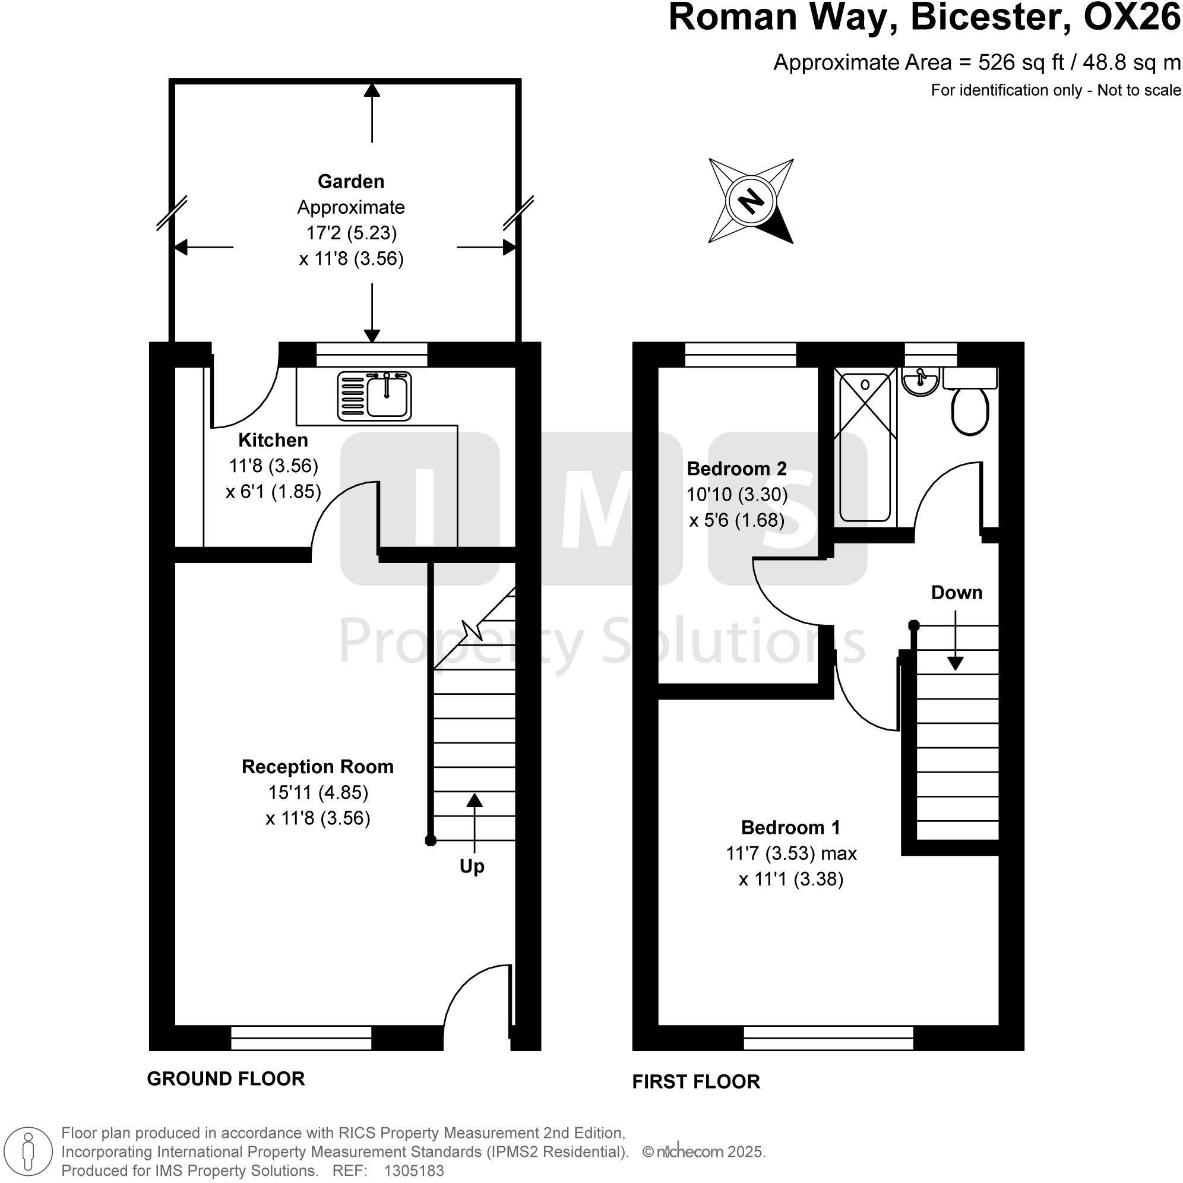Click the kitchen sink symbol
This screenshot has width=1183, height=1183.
[374, 396]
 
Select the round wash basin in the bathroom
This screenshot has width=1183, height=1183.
[920, 382]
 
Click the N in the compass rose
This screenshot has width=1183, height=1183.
[751, 201]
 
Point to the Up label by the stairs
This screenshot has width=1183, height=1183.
[472, 866]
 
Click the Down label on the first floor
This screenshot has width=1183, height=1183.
[957, 592]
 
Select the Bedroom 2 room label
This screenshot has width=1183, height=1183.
[736, 469]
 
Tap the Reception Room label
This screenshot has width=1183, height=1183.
[317, 767]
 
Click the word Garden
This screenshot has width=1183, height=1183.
[351, 181]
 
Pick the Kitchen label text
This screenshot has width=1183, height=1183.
[273, 439]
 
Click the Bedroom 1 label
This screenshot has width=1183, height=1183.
[790, 827]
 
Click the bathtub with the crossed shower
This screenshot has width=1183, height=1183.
[865, 447]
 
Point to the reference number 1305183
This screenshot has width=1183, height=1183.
[413, 1170]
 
